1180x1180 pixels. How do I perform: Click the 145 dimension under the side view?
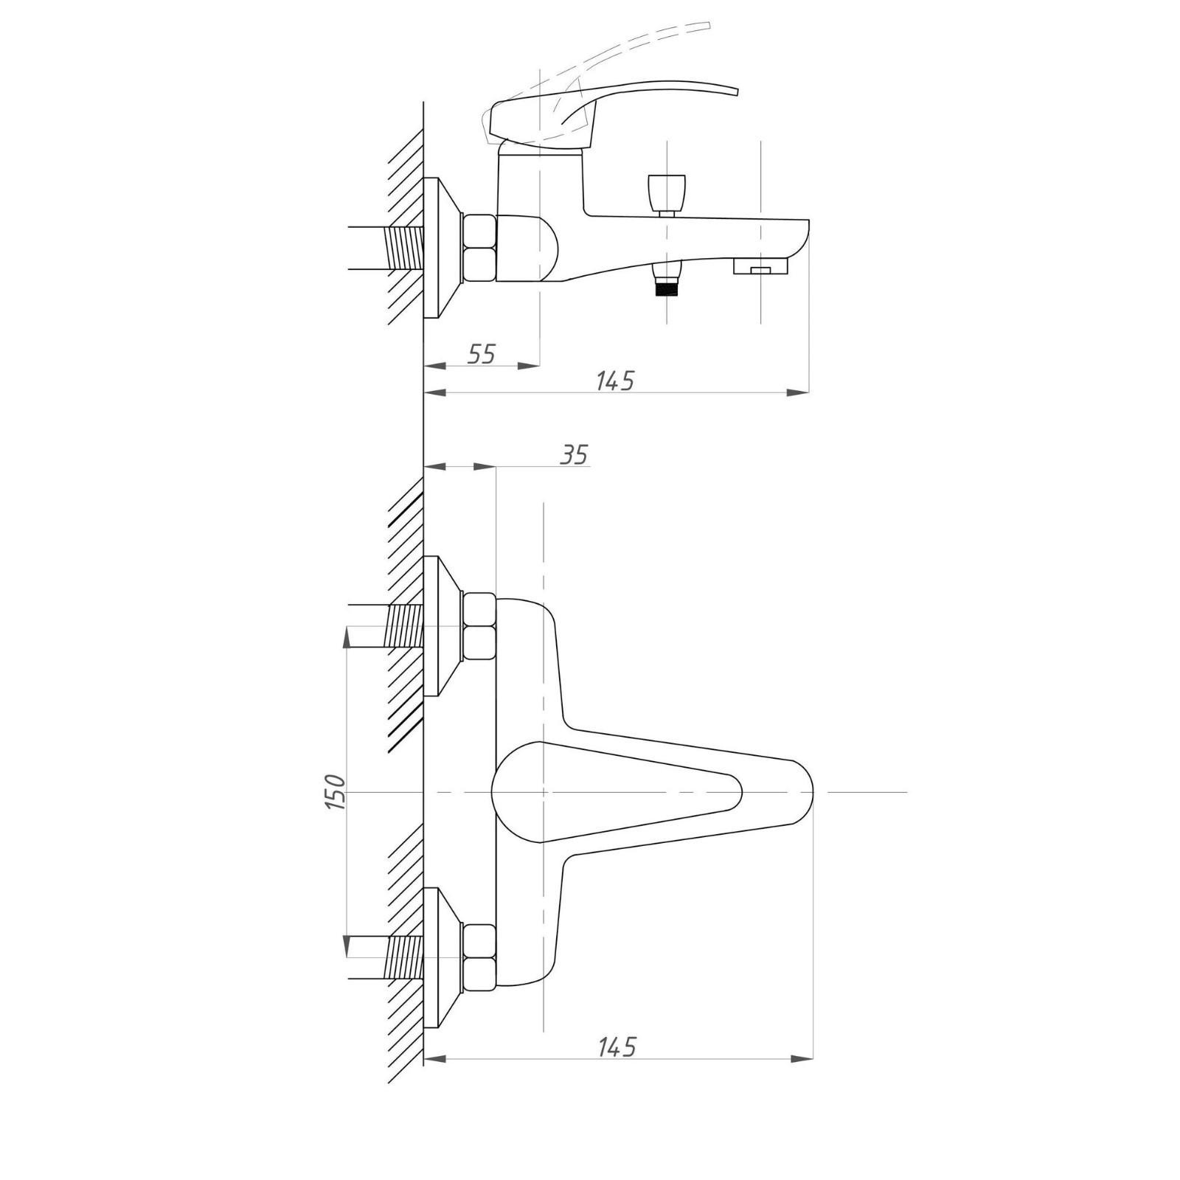[614, 381]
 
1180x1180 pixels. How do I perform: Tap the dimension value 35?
[573, 455]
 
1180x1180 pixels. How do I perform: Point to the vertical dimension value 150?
[336, 792]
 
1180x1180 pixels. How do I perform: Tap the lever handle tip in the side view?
[735, 91]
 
